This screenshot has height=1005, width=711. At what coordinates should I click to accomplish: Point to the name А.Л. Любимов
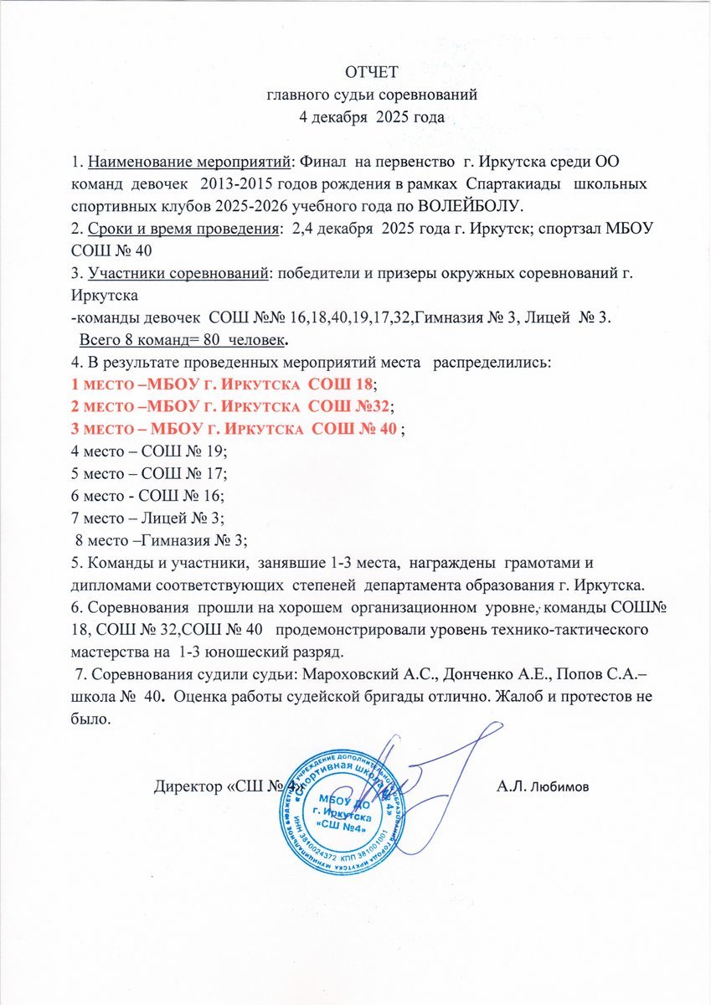coord(543,786)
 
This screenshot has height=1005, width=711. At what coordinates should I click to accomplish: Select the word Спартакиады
coord(512,183)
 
